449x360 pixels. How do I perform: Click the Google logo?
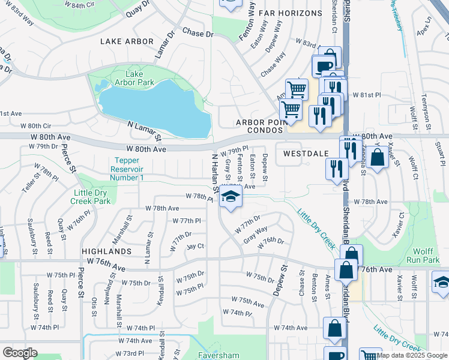[x=20, y=353]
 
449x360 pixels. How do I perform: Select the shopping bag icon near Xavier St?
[x=379, y=159]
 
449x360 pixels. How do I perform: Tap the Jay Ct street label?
[x=196, y=246]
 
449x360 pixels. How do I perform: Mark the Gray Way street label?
[x=255, y=234]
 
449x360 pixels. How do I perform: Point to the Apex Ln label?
[x=429, y=26]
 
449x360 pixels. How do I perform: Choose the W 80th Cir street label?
[x=36, y=126]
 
